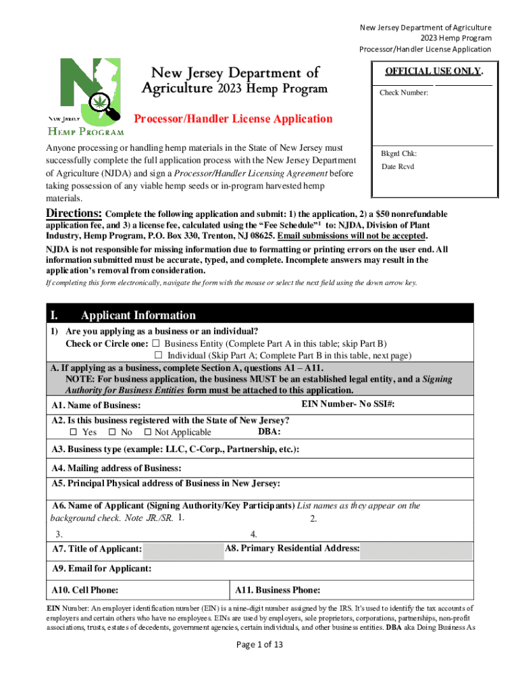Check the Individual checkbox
pos(159,355)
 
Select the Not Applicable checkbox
pos(147,432)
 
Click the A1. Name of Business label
pos(96,405)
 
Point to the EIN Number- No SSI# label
pos(347,403)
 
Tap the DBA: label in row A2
pos(269,431)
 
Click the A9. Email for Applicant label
pos(101,569)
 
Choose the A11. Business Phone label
pos(278,590)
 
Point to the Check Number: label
pos(404,93)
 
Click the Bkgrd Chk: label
pos(398,153)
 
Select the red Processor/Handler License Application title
pos(233,119)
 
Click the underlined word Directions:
pos(74,214)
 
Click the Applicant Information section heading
pos(138,315)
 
